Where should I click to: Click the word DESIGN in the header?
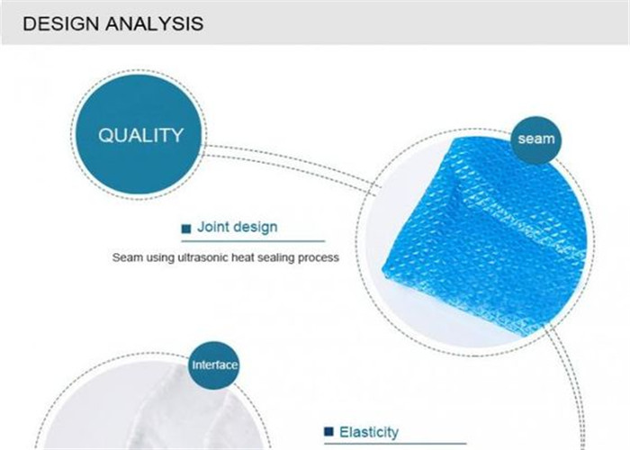click(x=60, y=23)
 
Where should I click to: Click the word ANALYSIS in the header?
click(x=155, y=23)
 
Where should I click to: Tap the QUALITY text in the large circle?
click(x=141, y=135)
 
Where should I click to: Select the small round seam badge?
click(x=536, y=139)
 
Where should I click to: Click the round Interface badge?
click(x=214, y=364)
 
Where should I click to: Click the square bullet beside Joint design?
click(x=186, y=229)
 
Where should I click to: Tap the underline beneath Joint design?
click(x=253, y=241)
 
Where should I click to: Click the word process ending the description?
click(x=319, y=258)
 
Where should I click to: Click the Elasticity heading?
click(x=369, y=432)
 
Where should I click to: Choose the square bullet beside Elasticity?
click(x=328, y=431)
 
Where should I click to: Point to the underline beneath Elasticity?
click(x=395, y=444)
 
